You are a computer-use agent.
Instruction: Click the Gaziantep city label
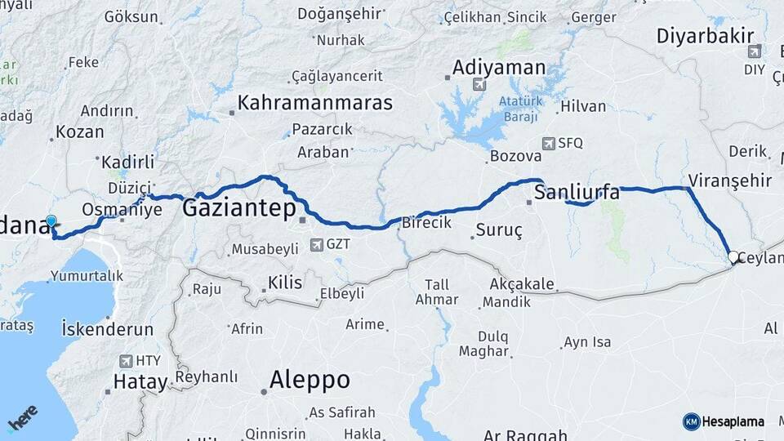click(238, 208)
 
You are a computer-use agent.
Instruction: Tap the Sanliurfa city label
click(577, 193)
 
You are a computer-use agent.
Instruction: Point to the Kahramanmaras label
click(314, 104)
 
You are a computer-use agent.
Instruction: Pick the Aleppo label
click(310, 380)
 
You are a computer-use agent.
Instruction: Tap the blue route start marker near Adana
click(51, 221)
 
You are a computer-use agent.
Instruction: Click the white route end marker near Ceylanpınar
click(733, 257)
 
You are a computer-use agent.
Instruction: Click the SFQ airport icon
click(547, 143)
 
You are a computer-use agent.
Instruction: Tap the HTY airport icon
click(125, 360)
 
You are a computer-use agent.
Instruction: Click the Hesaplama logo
click(724, 421)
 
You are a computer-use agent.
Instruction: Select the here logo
click(23, 418)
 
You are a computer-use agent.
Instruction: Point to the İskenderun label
click(108, 329)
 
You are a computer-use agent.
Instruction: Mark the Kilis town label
click(284, 283)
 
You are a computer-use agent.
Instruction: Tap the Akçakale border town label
click(522, 285)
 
